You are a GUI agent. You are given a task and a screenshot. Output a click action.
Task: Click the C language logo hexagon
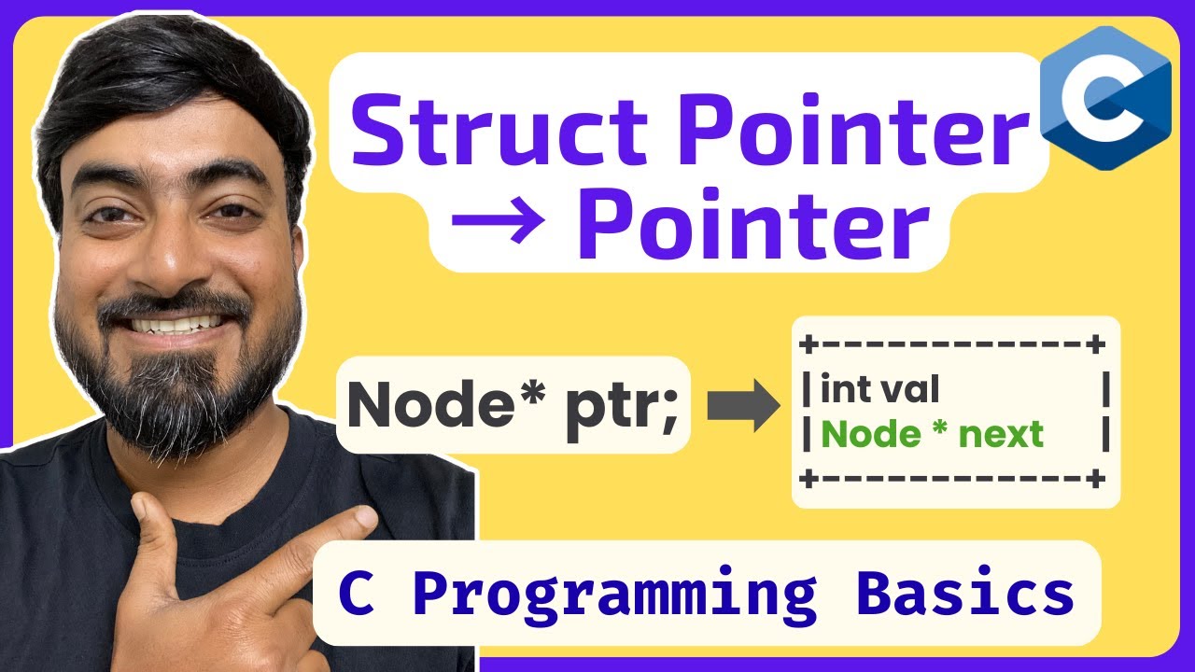(x=1105, y=97)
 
